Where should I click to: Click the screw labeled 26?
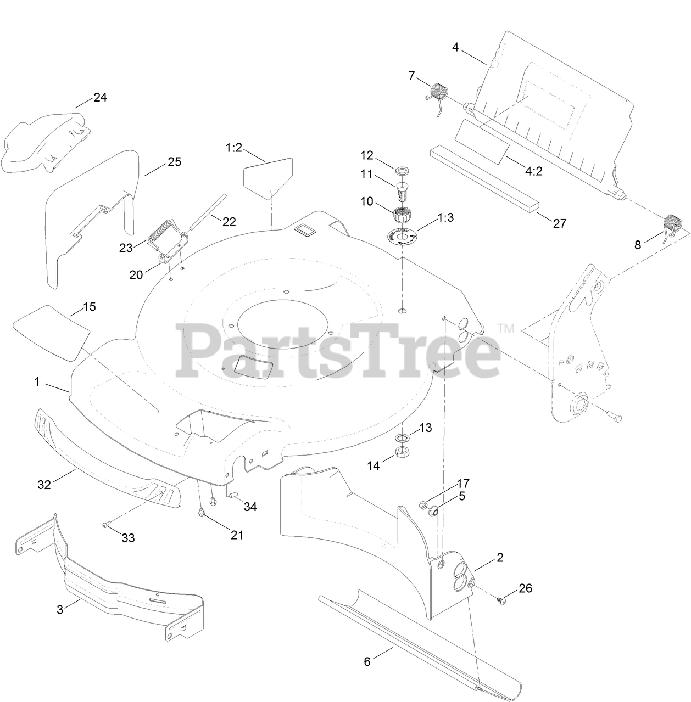click(501, 600)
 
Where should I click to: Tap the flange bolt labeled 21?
click(202, 513)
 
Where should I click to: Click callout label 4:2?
click(533, 171)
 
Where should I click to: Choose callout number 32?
click(44, 485)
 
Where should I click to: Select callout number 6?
click(367, 661)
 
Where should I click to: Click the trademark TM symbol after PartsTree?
click(505, 329)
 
